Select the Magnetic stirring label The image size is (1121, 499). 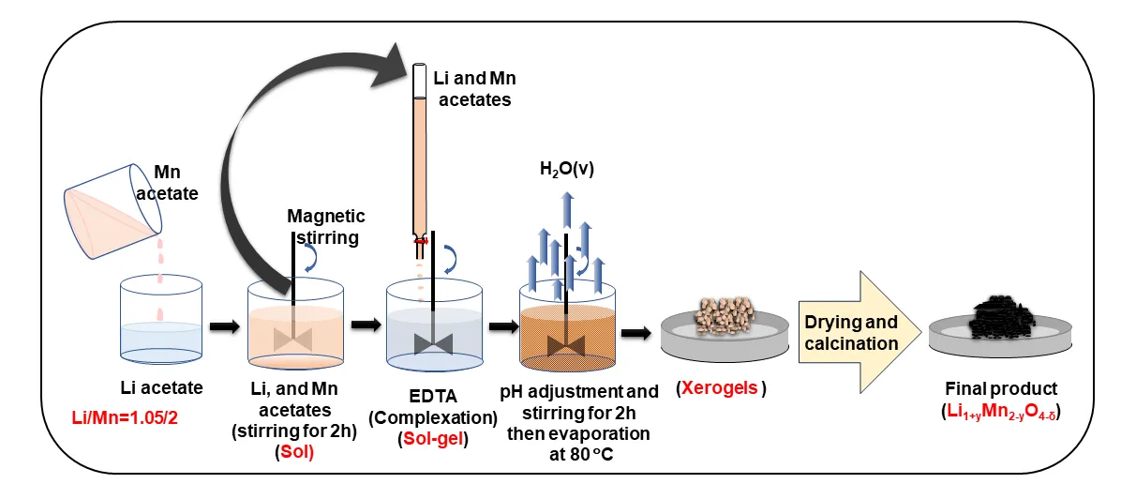326,227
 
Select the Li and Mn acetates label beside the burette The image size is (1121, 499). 475,88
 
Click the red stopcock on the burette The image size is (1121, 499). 423,241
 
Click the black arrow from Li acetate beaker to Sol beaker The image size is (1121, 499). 223,326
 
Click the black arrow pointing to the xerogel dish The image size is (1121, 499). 636,332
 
